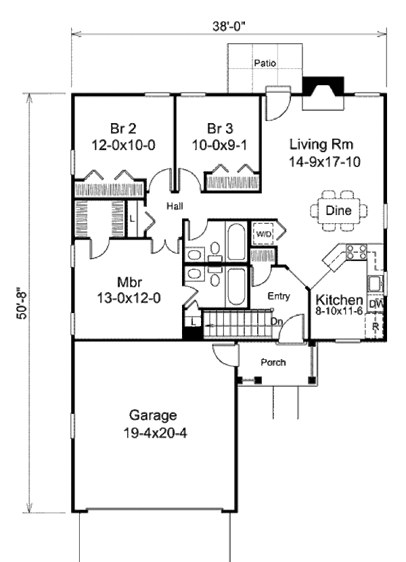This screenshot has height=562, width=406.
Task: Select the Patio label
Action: pyautogui.click(x=264, y=64)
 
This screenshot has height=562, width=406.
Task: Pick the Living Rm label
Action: pyautogui.click(x=322, y=144)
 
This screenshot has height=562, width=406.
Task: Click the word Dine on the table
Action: pyautogui.click(x=338, y=210)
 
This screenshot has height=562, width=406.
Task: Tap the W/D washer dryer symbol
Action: pyautogui.click(x=263, y=234)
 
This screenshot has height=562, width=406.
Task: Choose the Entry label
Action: pyautogui.click(x=279, y=296)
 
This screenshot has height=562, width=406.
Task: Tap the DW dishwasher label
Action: pyautogui.click(x=376, y=305)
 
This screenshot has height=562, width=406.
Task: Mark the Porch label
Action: pyautogui.click(x=273, y=362)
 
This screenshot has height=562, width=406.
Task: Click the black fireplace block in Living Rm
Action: pyautogui.click(x=324, y=86)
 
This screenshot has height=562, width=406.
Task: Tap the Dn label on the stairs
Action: pyautogui.click(x=276, y=322)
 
